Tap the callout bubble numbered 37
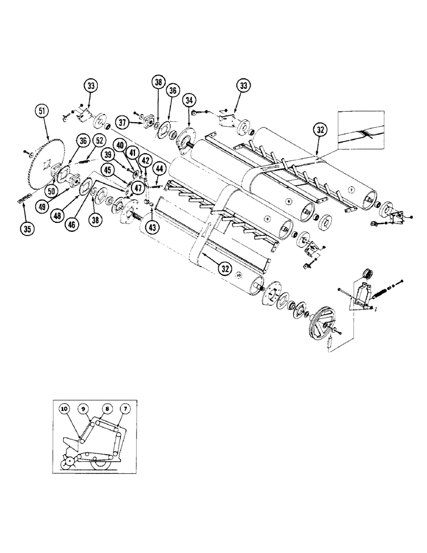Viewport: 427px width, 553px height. (x=122, y=122)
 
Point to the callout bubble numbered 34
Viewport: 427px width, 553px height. (x=190, y=100)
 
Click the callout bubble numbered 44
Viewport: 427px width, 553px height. (x=159, y=167)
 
